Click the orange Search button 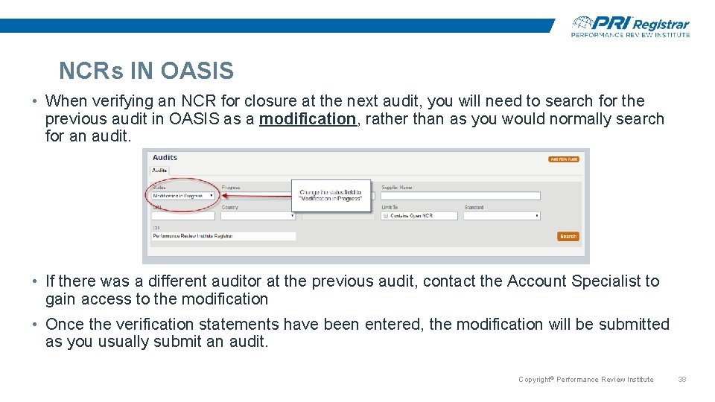point(568,236)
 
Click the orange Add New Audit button point(563,159)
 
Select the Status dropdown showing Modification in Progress point(183,196)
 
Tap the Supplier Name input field point(460,196)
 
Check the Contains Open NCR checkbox point(385,216)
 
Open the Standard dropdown point(501,216)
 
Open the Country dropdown point(258,216)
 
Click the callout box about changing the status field point(330,196)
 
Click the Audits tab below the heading point(159,170)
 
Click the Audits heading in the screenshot point(165,157)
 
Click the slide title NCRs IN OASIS point(146,71)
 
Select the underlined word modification point(308,119)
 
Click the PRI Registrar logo point(630,26)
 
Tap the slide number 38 point(681,380)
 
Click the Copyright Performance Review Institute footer point(585,380)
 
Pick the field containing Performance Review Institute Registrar point(223,236)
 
